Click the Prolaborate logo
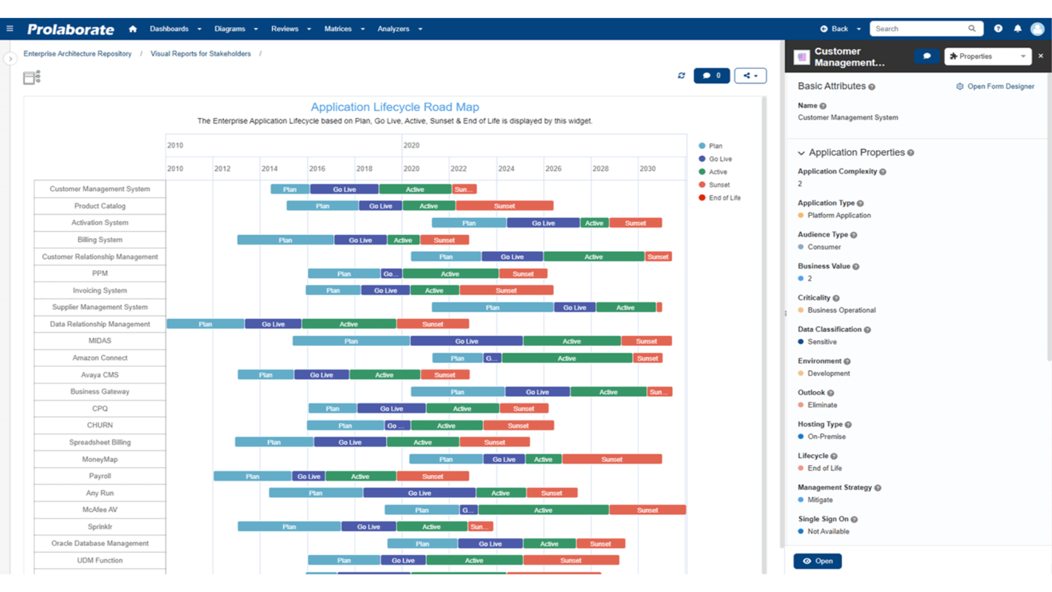pos(71,29)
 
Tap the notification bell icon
pos(1017,29)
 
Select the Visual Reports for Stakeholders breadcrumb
pos(201,54)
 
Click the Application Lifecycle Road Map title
pos(395,107)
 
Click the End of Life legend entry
pos(724,198)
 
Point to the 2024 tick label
pos(506,169)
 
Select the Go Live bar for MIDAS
pos(466,341)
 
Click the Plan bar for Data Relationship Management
pos(205,325)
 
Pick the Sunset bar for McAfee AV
pos(647,510)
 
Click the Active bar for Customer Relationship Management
pos(593,257)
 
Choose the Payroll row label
pos(100,476)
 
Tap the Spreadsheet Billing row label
pos(100,442)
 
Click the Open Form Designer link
pos(1000,87)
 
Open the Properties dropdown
pos(987,56)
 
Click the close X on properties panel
pos(1040,56)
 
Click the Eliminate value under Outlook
pos(822,405)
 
